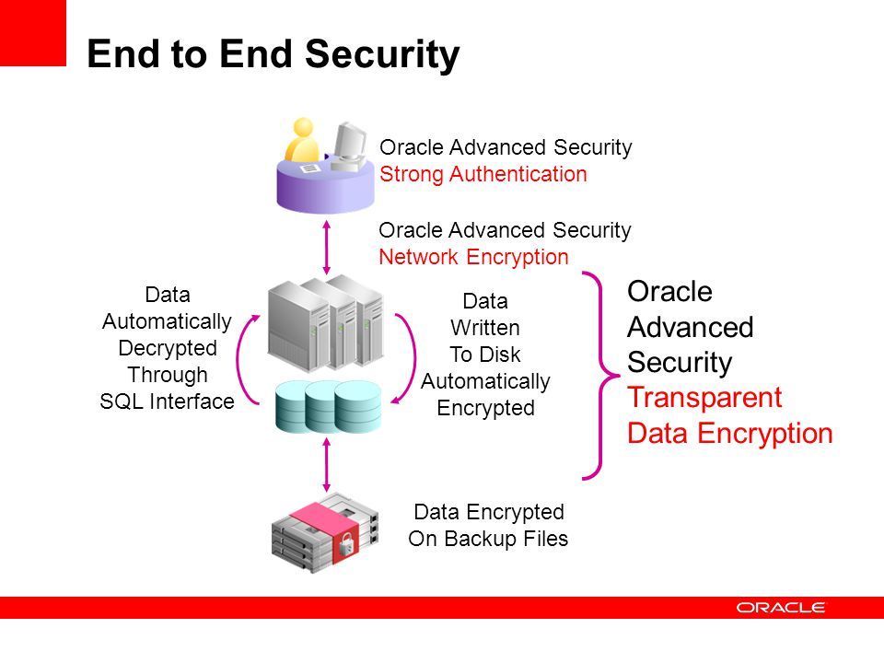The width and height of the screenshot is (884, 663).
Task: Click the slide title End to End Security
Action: [273, 55]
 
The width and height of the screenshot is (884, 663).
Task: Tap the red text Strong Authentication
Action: [483, 174]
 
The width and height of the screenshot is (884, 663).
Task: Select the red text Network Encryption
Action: [473, 257]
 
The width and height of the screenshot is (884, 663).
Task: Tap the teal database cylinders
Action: [328, 405]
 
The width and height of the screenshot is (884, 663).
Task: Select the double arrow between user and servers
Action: [325, 245]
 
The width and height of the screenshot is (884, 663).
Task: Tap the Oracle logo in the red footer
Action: [781, 607]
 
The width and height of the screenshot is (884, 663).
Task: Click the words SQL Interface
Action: [167, 401]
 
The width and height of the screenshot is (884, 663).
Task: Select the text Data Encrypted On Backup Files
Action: [488, 525]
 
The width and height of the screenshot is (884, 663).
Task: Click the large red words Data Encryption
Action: [729, 433]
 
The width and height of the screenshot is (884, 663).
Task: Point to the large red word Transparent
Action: [704, 398]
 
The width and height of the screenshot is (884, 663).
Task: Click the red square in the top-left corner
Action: [33, 32]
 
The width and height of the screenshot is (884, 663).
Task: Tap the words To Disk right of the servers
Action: [484, 355]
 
